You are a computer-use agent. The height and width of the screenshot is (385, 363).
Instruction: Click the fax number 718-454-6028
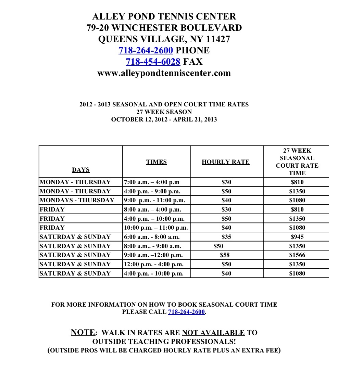(x=153, y=62)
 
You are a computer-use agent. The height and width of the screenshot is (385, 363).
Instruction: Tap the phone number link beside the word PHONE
(x=146, y=50)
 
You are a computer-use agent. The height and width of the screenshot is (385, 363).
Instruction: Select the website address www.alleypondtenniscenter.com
(x=164, y=73)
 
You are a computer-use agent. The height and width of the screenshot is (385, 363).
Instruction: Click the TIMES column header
(x=157, y=162)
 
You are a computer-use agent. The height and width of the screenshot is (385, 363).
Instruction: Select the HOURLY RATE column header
(x=226, y=162)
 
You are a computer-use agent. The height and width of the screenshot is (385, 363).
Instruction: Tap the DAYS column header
(x=81, y=169)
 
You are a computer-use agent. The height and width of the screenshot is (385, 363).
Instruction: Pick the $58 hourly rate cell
(x=225, y=255)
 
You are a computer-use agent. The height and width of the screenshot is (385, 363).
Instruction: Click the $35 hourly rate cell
(x=226, y=237)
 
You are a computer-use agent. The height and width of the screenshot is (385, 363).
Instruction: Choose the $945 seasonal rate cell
(x=297, y=237)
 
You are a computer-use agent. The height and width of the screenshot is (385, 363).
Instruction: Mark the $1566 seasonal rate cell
(x=297, y=255)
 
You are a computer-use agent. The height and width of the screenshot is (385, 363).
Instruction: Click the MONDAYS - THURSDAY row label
(x=77, y=200)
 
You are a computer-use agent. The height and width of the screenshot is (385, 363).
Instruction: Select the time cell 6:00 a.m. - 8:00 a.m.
(x=151, y=237)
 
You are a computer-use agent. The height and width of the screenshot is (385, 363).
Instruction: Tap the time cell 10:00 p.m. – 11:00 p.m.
(x=156, y=228)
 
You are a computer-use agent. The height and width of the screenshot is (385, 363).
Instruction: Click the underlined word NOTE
(x=83, y=332)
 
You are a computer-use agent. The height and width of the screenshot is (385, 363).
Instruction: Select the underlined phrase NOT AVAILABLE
(x=213, y=333)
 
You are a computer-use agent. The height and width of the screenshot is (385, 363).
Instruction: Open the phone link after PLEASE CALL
(x=186, y=312)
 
